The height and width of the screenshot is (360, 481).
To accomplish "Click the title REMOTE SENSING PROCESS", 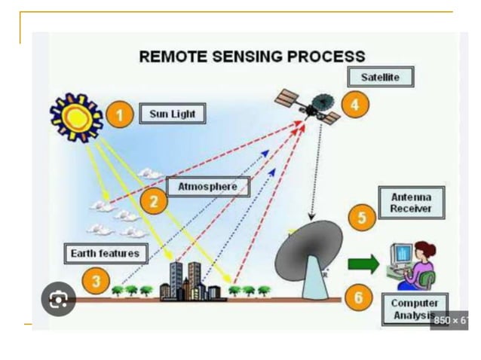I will [252, 56].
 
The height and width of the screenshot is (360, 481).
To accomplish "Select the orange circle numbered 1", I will [119, 114].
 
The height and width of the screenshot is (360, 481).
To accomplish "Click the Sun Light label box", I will [172, 114].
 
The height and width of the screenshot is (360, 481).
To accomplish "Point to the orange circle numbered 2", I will [154, 200].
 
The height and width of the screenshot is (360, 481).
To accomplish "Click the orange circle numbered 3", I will [96, 282].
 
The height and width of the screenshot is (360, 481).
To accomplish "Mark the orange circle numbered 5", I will [362, 218].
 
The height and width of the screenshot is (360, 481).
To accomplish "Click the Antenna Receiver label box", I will [411, 203].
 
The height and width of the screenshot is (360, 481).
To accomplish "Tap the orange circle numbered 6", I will [358, 297].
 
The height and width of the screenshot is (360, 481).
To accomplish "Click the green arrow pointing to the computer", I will [363, 264].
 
